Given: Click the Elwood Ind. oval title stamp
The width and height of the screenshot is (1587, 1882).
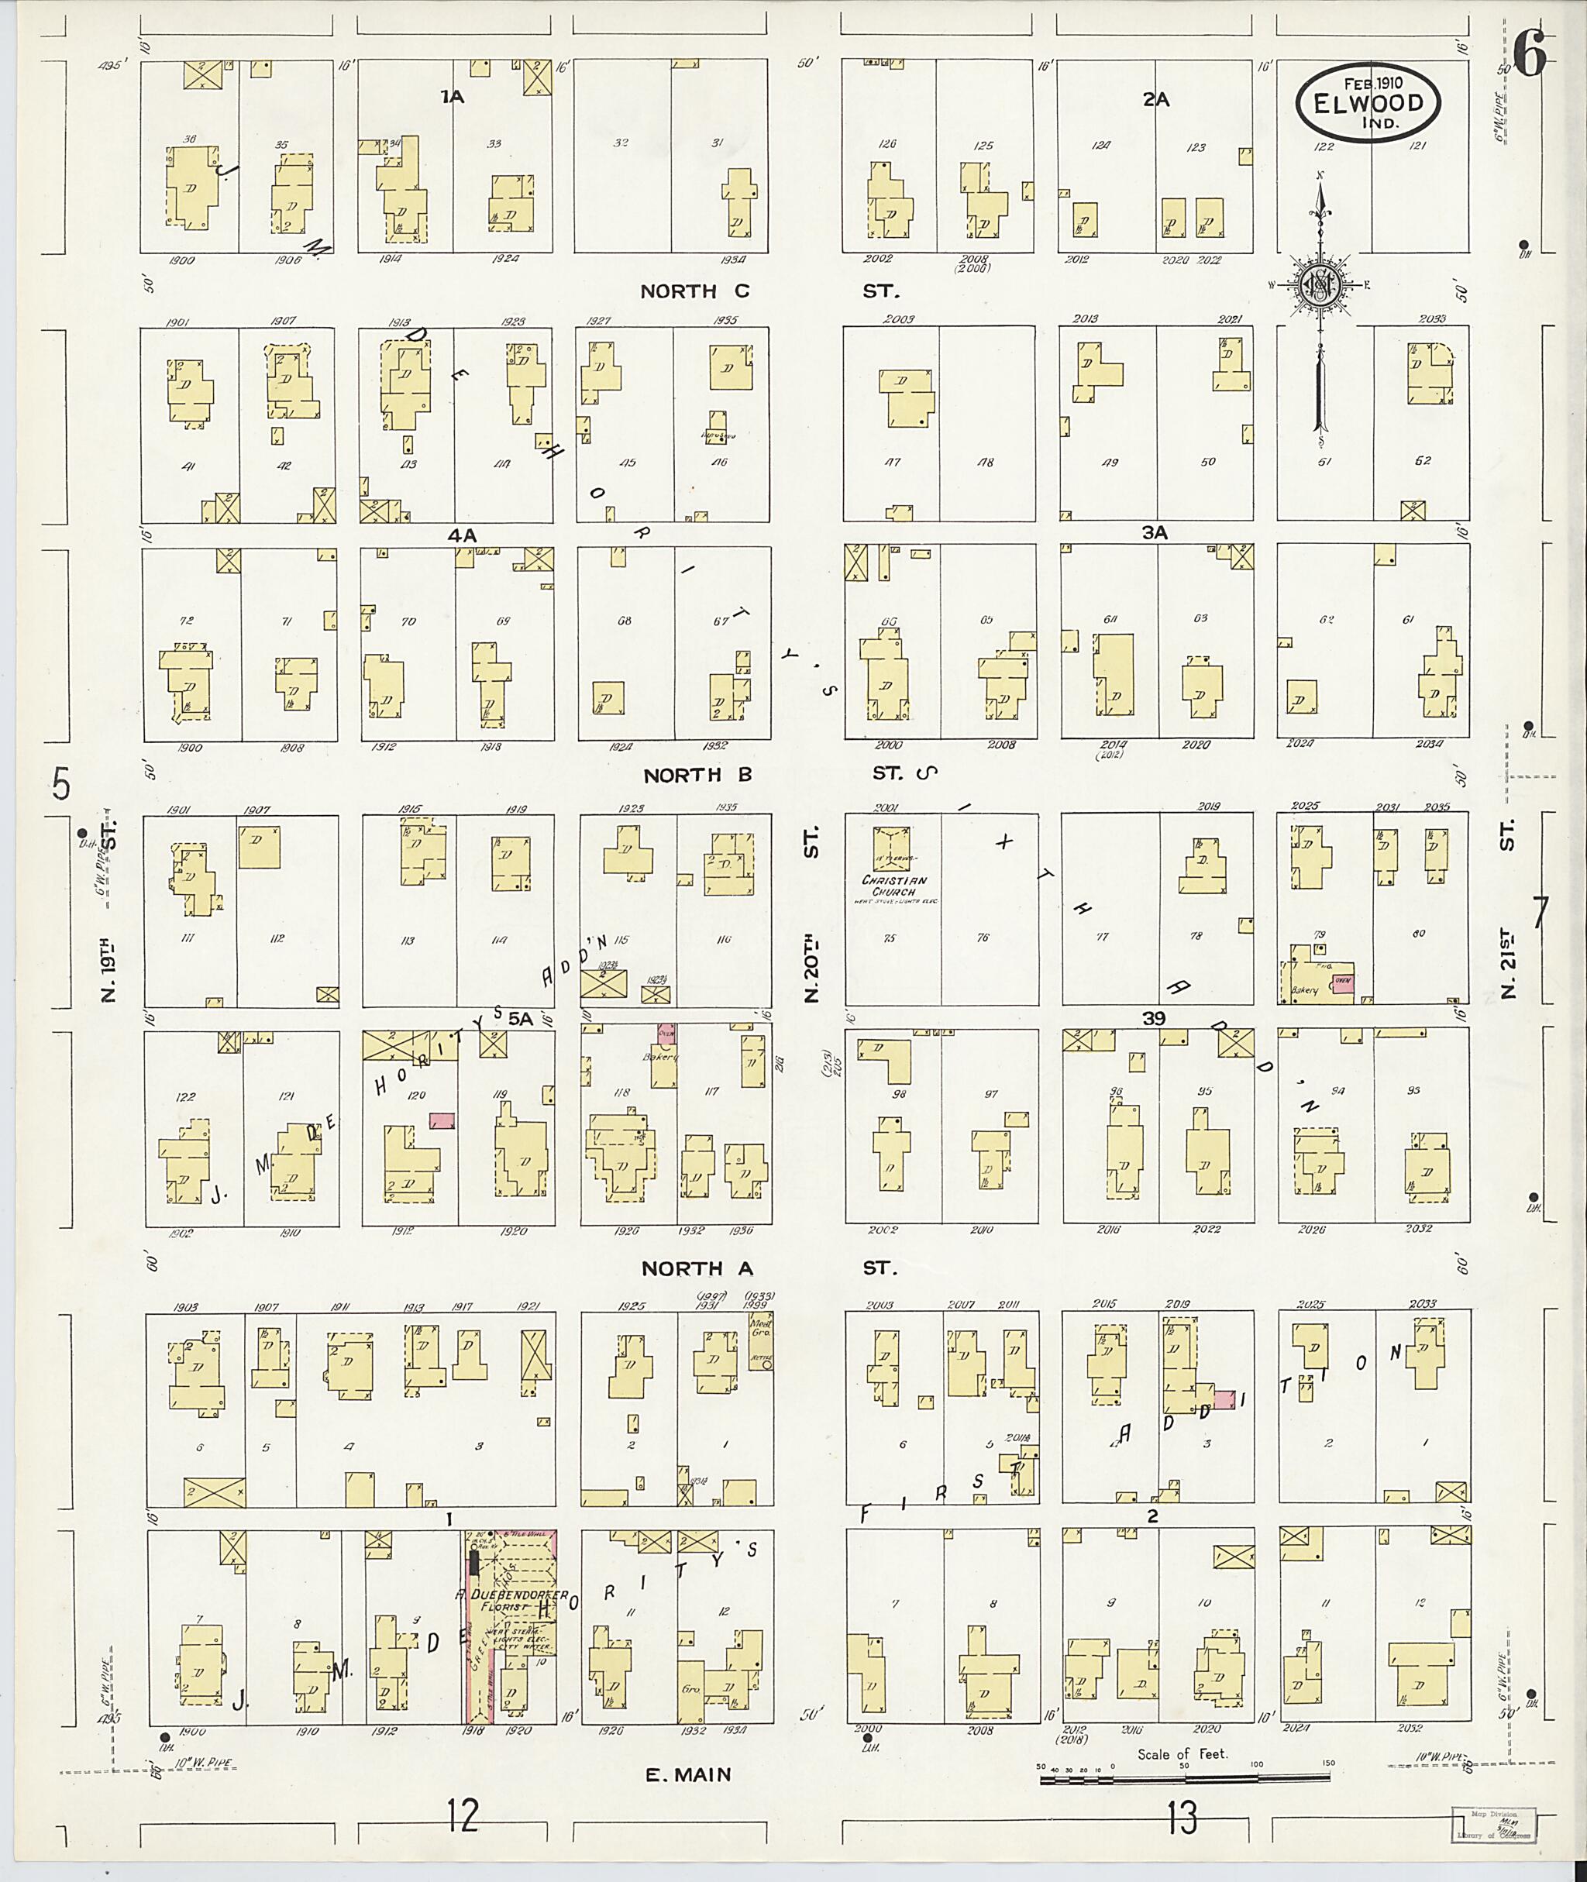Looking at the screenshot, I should tap(1368, 101).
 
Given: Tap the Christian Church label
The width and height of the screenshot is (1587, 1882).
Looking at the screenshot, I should tap(894, 886).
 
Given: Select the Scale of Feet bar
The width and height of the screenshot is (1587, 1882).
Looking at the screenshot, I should tap(1185, 1777).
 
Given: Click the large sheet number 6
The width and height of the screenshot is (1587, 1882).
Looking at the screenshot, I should tap(1530, 56).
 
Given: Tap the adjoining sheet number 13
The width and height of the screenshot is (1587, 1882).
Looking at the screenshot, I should tap(1185, 1819).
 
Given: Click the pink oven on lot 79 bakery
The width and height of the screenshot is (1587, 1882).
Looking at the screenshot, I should tap(1342, 984).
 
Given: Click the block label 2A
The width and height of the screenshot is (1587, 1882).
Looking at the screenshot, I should tap(1155, 100).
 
